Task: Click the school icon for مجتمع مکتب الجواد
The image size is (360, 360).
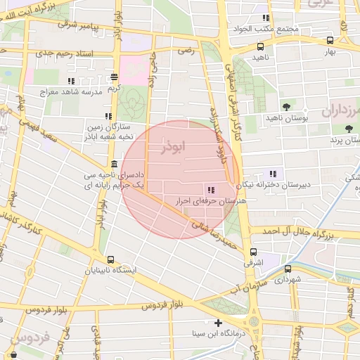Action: pos(265,18)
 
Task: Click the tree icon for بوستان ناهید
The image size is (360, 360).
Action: pos(286,106)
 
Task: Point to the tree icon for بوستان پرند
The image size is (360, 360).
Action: pos(349,128)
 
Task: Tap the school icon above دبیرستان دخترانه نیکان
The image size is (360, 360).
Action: pos(273,174)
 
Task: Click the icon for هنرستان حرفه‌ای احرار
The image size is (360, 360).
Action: pos(211,189)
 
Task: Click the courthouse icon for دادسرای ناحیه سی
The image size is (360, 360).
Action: pos(114,164)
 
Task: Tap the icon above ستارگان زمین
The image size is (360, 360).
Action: pos(108,116)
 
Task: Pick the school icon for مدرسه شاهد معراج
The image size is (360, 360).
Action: pos(71,82)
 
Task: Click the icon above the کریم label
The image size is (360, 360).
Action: pos(115,77)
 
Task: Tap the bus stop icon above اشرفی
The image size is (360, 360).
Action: pos(253,252)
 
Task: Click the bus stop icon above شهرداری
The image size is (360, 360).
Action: pos(287,269)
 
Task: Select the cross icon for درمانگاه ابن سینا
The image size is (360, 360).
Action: pos(219,323)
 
